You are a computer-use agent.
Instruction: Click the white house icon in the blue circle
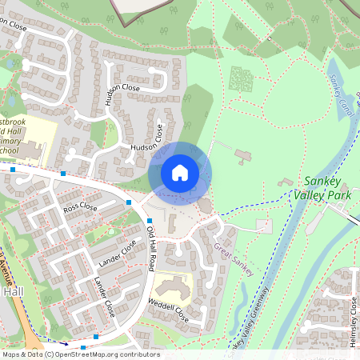(180, 173)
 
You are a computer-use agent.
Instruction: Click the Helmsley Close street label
(352, 321)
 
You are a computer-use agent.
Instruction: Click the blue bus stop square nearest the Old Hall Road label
(150, 221)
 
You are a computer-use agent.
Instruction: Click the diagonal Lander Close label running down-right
(105, 296)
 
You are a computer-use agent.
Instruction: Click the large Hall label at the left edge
(14, 293)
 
